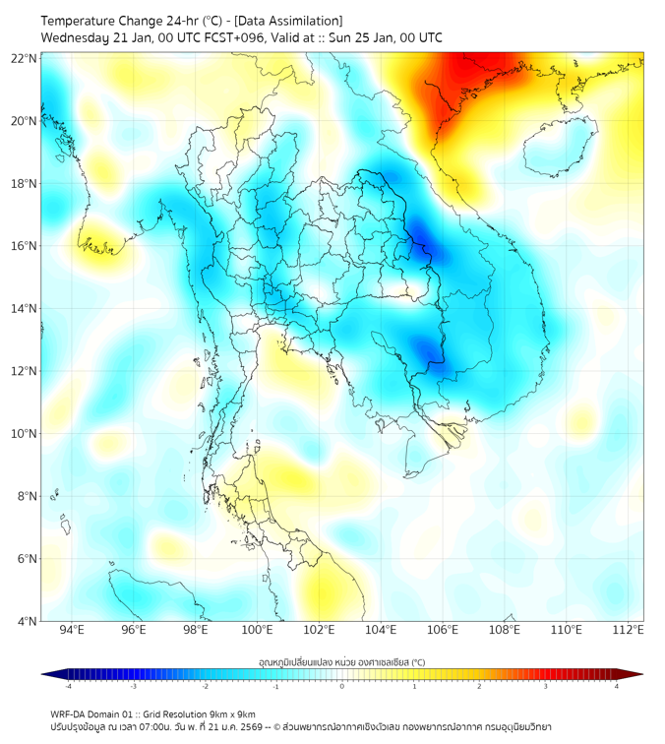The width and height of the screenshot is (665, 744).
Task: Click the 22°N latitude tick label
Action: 25,58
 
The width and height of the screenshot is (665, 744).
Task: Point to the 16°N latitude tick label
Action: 25,246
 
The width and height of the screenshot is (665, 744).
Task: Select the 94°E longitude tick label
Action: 72,630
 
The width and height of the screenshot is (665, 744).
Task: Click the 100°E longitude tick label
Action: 257,630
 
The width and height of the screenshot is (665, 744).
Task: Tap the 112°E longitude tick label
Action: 629,630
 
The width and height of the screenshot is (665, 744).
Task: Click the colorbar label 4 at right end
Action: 616,686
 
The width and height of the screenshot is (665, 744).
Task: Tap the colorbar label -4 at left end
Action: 67,686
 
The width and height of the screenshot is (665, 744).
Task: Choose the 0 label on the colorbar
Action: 342,686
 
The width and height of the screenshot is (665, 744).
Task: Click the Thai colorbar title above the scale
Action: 341,661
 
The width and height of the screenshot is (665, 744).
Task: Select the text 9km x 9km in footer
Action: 232,713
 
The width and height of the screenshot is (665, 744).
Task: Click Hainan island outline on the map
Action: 561,148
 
